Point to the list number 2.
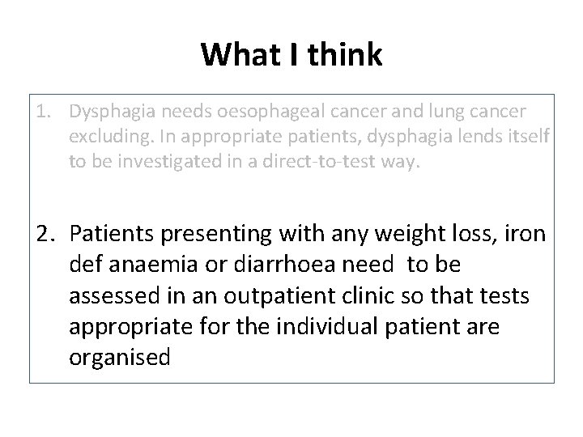click(x=44, y=234)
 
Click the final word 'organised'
click(x=120, y=358)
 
